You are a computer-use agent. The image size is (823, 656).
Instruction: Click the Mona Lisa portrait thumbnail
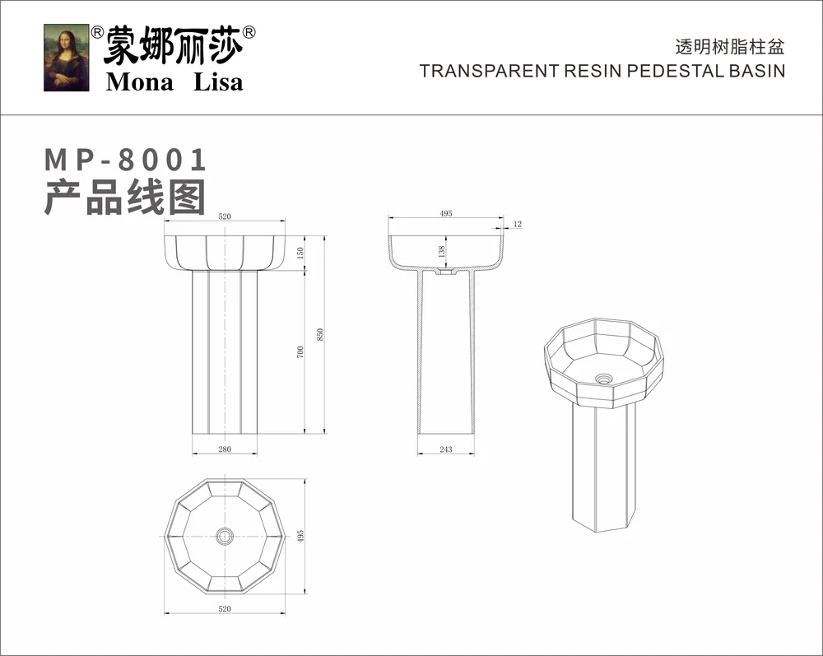pos(67,58)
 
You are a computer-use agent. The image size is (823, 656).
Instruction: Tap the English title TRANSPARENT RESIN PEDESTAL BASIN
pos(602,71)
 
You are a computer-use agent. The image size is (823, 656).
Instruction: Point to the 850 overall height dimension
pos(321,334)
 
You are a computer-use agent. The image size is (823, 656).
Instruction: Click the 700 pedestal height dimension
pos(301,351)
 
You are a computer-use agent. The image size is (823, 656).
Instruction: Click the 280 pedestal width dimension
pos(225,449)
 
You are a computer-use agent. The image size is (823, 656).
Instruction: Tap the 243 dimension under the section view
pos(446,449)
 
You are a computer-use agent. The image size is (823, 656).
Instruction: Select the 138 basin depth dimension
pos(441,250)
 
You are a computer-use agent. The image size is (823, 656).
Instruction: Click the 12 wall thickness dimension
pos(518,224)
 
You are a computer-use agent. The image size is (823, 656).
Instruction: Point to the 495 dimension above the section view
pos(446,213)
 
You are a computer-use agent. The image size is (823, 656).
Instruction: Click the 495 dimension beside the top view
pos(301,536)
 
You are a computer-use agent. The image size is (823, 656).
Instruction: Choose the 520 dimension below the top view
pos(225,608)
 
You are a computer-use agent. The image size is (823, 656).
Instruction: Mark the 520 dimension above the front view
pos(225,216)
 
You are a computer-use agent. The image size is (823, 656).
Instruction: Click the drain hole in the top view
pos(224,536)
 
